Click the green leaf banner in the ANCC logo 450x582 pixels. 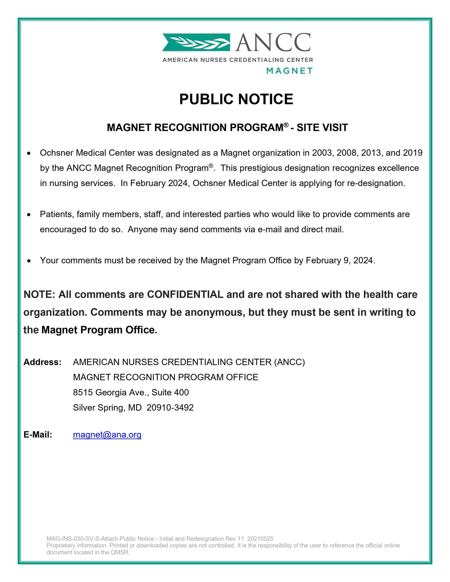click(x=196, y=42)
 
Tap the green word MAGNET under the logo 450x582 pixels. click(x=289, y=71)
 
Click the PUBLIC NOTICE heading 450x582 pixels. click(x=236, y=99)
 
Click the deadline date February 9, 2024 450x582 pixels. click(x=340, y=260)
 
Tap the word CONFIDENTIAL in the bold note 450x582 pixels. click(x=185, y=294)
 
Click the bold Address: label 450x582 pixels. click(x=43, y=362)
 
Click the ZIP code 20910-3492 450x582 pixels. click(x=170, y=408)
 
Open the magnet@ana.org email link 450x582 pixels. click(x=107, y=435)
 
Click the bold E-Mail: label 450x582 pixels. click(x=38, y=435)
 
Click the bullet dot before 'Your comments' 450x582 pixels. click(x=28, y=261)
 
